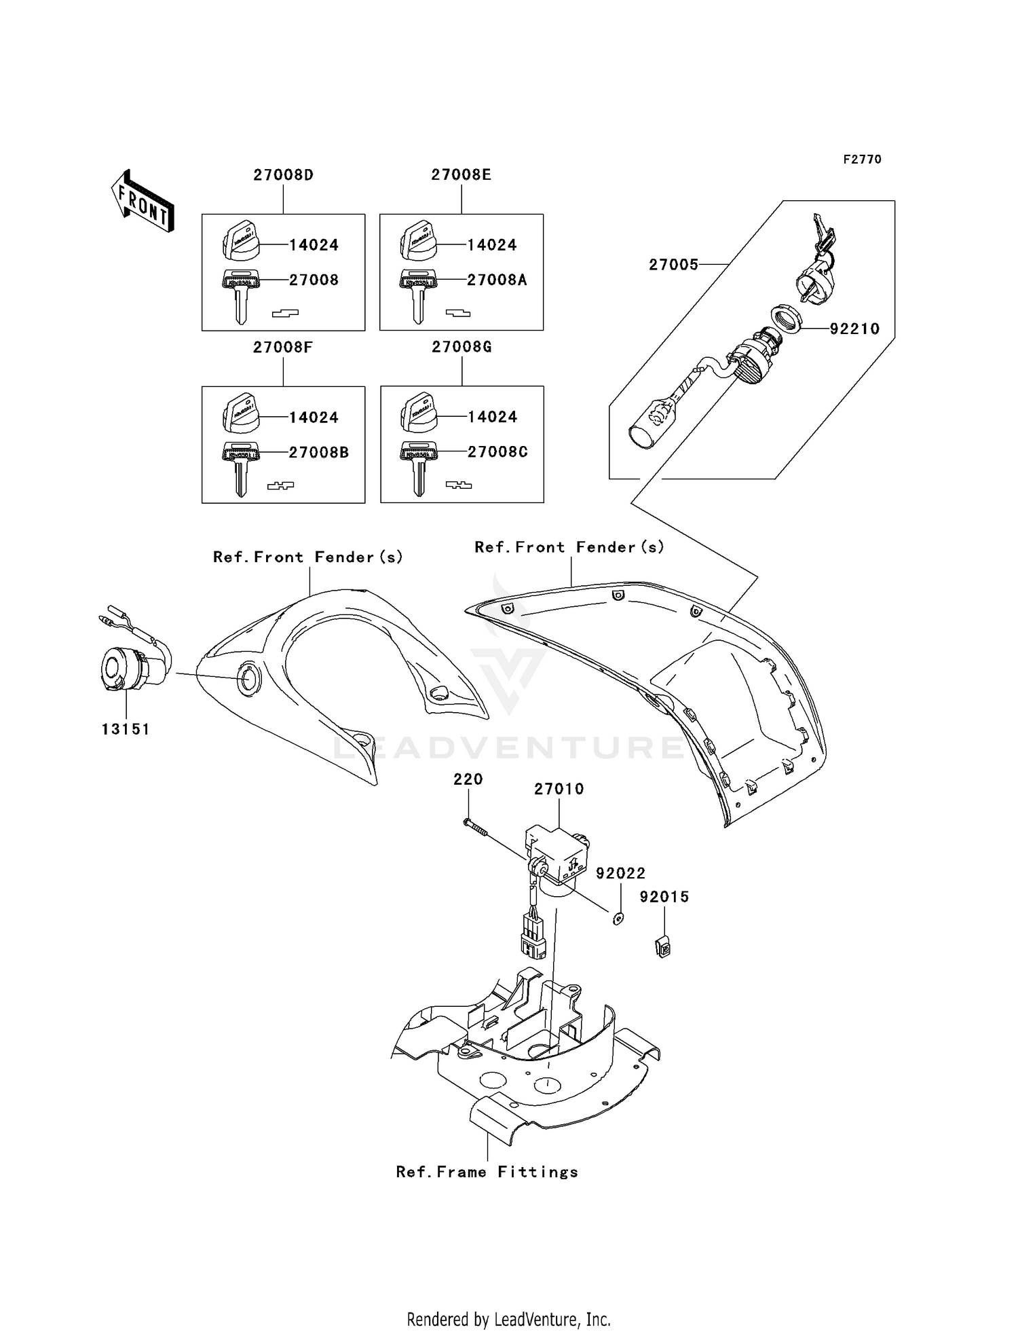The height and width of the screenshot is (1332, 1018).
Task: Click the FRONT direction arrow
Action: tap(143, 201)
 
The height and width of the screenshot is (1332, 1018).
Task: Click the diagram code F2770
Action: tap(862, 159)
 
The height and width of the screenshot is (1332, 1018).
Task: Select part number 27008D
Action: tap(283, 174)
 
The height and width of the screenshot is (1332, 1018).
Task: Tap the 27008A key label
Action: tap(497, 280)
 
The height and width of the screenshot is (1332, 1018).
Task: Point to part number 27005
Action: tap(673, 265)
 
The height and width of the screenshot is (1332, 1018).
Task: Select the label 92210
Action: tap(854, 329)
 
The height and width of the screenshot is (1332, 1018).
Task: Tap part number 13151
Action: tap(126, 729)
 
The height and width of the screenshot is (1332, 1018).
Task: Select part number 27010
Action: tap(559, 789)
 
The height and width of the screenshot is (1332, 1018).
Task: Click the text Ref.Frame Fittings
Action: tap(487, 1172)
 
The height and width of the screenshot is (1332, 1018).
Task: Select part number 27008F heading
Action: tap(283, 347)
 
